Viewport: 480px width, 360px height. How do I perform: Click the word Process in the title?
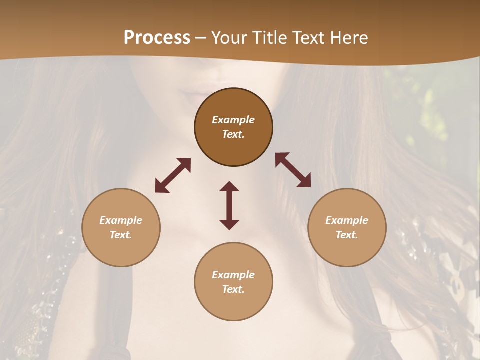[x=157, y=38]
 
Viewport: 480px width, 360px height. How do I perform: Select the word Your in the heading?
[x=230, y=38]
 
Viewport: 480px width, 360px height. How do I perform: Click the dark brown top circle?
[x=233, y=150]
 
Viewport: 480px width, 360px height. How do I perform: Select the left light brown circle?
[x=121, y=250]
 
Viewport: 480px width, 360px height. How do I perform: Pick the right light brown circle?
[x=347, y=250]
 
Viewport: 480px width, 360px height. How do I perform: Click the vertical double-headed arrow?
[x=229, y=205]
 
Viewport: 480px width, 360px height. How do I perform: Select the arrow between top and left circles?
[x=173, y=175]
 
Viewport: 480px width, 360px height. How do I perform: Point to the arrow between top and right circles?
[x=293, y=170]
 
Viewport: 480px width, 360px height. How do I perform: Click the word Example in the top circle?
[x=233, y=120]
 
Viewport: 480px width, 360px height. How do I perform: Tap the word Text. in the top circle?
[x=233, y=134]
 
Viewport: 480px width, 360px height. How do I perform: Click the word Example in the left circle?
[x=121, y=220]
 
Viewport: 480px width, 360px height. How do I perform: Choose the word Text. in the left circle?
[x=121, y=235]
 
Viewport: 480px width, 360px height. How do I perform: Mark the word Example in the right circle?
[x=347, y=220]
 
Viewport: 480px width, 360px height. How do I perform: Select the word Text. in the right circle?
[x=347, y=235]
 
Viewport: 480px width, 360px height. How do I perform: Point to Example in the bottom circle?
[x=233, y=275]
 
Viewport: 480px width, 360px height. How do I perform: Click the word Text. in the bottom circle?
[x=233, y=289]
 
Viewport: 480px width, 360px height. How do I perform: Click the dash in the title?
[x=201, y=38]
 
